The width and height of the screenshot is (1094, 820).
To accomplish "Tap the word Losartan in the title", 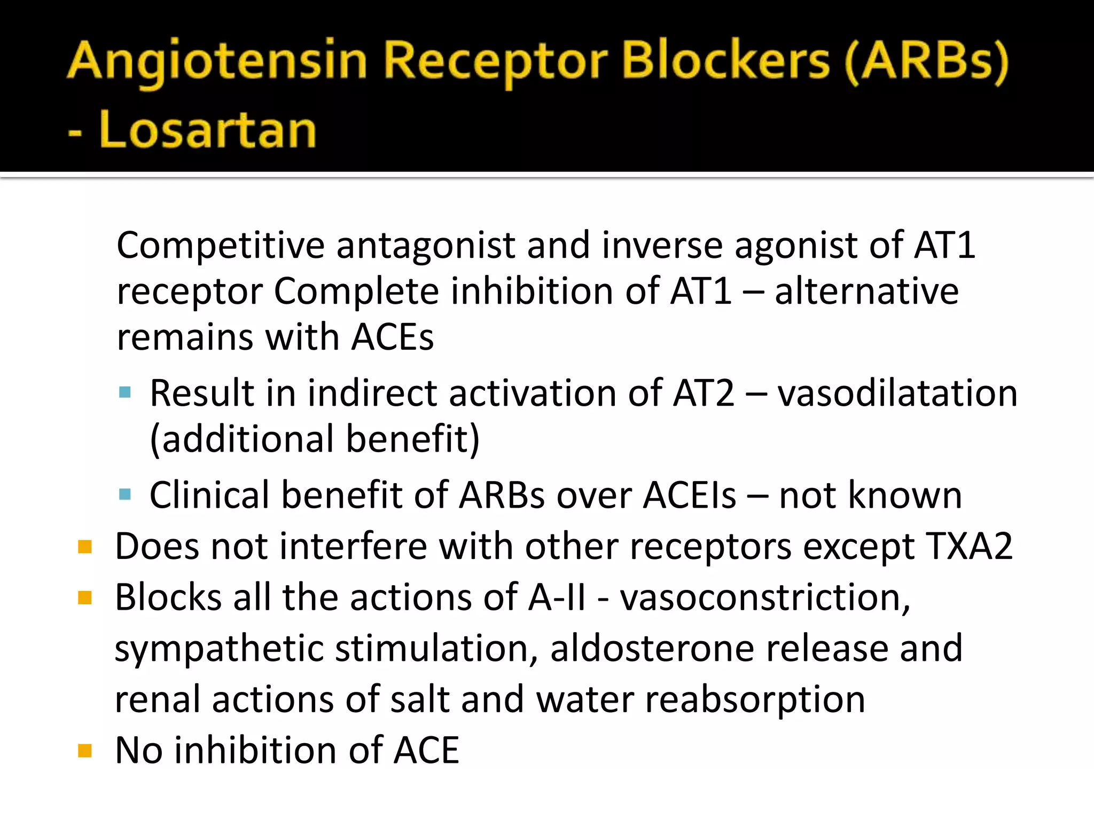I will (208, 130).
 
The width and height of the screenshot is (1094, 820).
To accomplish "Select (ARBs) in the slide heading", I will (927, 63).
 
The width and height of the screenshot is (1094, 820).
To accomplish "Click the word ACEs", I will (393, 337).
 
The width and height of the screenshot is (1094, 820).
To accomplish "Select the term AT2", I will (704, 393).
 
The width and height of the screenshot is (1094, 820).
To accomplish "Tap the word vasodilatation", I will (897, 393).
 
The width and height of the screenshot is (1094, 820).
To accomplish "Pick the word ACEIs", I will (690, 495).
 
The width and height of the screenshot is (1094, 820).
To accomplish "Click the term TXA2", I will (970, 547).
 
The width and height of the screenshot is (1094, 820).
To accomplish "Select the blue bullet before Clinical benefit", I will (126, 495).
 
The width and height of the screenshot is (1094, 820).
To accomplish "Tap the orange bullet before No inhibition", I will (85, 751).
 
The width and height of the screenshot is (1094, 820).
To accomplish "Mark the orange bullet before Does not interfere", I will (85, 547).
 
